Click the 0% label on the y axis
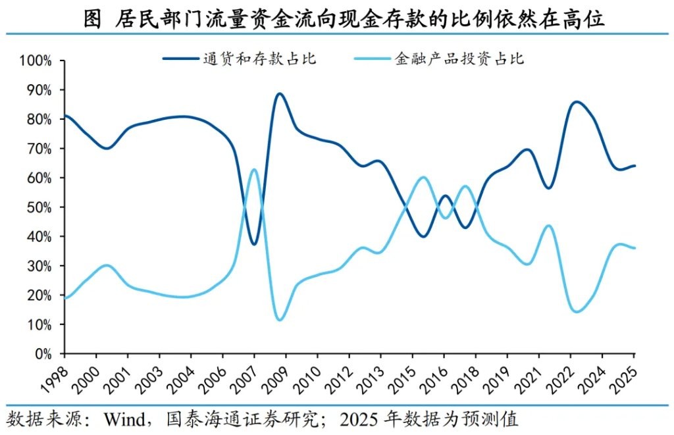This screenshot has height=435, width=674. [43, 354]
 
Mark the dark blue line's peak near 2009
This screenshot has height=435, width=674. [280, 93]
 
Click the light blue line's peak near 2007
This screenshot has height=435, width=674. [254, 170]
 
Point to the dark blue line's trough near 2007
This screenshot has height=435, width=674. [254, 244]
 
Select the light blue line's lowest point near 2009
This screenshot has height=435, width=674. [280, 320]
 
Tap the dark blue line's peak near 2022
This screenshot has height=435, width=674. [577, 102]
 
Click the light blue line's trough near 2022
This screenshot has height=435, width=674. [577, 311]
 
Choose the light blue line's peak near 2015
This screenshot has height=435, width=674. [423, 178]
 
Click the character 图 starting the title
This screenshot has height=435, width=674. [93, 20]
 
